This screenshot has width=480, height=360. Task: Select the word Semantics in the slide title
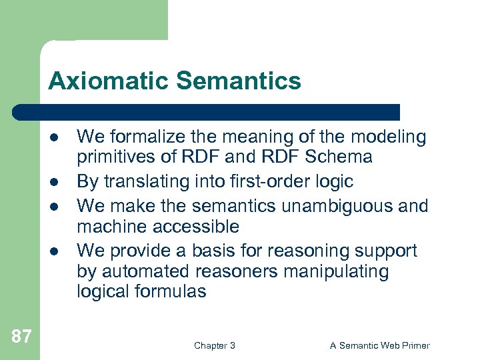coord(238,81)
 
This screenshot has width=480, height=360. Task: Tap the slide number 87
coord(21,336)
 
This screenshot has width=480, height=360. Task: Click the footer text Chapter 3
coord(214,345)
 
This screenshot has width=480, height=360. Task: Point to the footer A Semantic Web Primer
coord(380,345)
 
